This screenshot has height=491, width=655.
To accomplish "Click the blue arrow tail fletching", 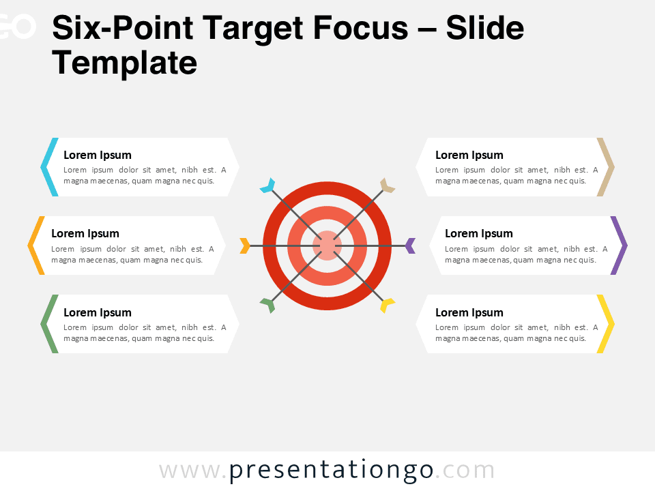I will [x=267, y=185].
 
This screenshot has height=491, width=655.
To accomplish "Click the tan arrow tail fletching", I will [x=387, y=185].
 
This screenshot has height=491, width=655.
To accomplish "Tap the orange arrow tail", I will [x=245, y=245].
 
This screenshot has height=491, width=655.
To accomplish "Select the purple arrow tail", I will [x=410, y=245].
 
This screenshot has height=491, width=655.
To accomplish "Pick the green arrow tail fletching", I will [x=267, y=305].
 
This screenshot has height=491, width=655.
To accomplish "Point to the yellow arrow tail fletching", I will [x=387, y=305].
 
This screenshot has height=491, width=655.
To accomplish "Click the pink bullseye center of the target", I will [x=327, y=245].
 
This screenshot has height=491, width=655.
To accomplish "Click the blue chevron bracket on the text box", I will [x=48, y=167].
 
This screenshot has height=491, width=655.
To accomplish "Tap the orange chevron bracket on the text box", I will [x=35, y=245].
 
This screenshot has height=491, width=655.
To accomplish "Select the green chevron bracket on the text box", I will [x=48, y=324].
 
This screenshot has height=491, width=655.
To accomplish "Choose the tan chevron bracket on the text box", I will [x=607, y=167].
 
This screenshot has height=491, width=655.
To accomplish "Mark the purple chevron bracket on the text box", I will [x=620, y=245].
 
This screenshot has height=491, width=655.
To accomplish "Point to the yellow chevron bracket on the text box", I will [x=607, y=324].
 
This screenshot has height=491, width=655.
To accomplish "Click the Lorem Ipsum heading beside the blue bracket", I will [x=98, y=155].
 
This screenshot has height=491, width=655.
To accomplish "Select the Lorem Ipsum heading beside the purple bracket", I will [x=479, y=233].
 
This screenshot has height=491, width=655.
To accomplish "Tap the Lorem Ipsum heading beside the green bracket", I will [x=98, y=312].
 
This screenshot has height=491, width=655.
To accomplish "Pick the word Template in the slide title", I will [x=125, y=63].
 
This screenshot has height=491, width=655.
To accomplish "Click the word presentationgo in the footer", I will [x=332, y=471].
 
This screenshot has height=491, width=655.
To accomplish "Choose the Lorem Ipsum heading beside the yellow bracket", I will [x=469, y=312].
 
